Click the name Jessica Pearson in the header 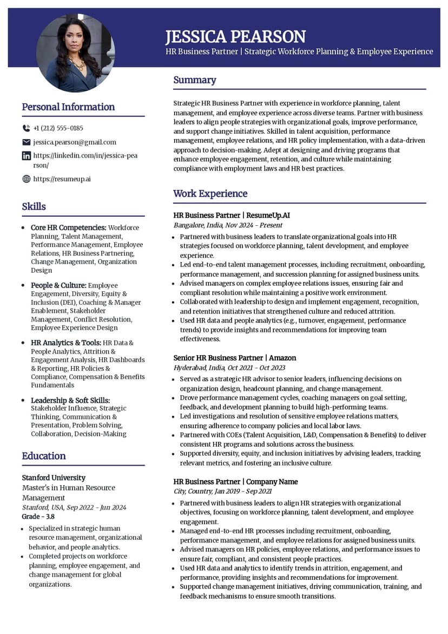tap(235, 36)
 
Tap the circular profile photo tap(75, 53)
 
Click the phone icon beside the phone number tap(26, 128)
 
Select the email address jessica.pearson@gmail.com tap(75, 142)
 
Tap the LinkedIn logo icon tap(26, 156)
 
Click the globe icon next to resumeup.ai tap(26, 179)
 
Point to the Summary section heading tap(194, 80)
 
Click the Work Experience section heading tap(210, 193)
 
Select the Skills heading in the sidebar tap(34, 206)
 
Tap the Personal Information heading tap(68, 107)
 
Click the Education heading tap(44, 456)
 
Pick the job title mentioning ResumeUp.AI tap(232, 215)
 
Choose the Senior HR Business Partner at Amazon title tap(234, 358)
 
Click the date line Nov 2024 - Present tap(228, 225)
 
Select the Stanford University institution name tap(54, 478)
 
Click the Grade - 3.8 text tap(38, 517)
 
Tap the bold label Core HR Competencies tap(68, 228)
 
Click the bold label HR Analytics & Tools tap(66, 343)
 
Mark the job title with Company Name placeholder tap(235, 482)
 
